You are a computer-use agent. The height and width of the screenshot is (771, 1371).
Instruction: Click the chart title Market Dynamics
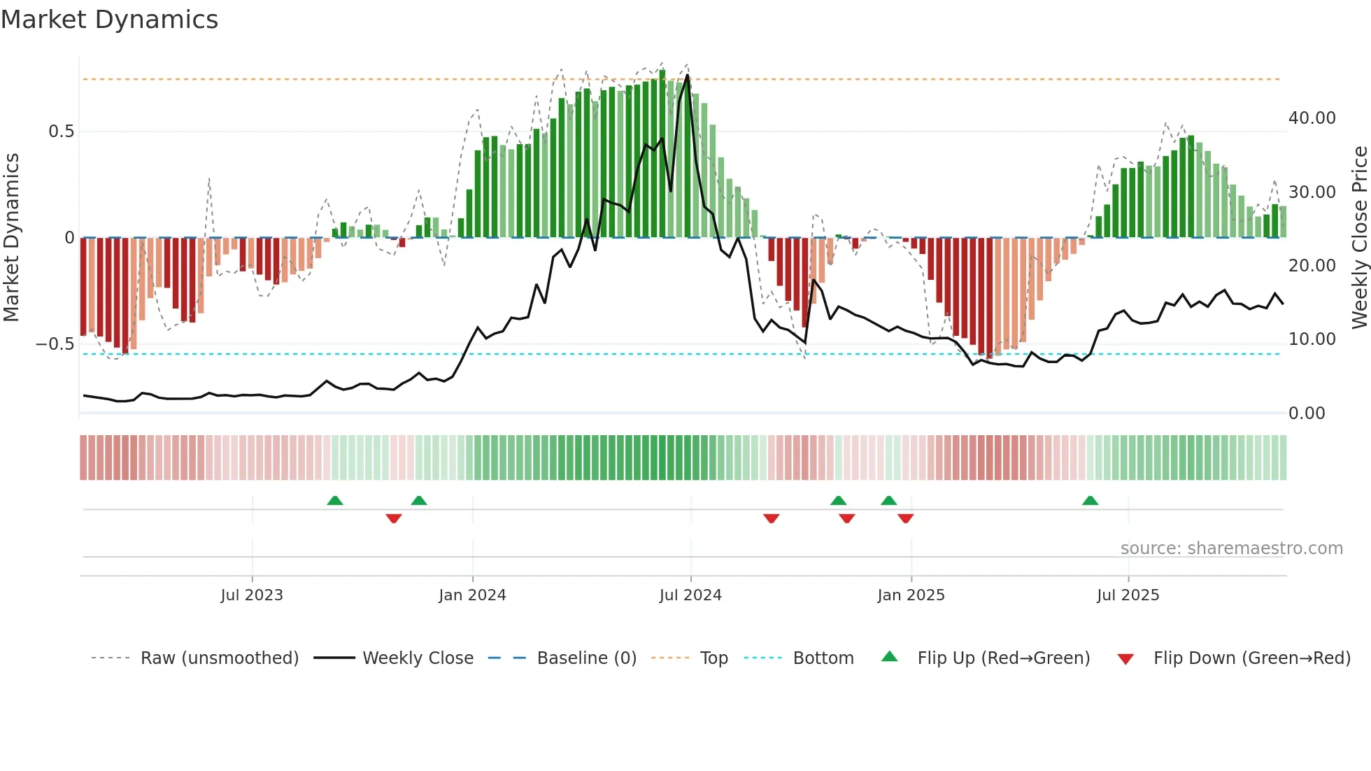[110, 20]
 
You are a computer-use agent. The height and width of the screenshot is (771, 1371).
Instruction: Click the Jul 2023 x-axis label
[252, 595]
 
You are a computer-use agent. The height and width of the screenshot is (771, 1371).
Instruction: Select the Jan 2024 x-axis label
[472, 595]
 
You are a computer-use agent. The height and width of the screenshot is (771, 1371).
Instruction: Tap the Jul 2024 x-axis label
[690, 595]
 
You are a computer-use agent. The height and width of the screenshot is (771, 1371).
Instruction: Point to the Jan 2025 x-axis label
[911, 595]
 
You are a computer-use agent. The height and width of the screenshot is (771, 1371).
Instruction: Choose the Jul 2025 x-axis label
[1128, 595]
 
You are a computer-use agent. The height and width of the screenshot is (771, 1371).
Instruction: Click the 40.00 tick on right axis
[1312, 118]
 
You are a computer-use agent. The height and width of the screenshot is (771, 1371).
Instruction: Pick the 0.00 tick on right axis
[1307, 413]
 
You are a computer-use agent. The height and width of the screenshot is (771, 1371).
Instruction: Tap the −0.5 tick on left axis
[55, 344]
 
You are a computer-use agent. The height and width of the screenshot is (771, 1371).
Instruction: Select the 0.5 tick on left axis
[61, 132]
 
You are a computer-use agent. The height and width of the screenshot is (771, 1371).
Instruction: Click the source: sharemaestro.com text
[1231, 549]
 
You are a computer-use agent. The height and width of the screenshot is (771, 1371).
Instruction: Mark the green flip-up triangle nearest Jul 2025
[1090, 500]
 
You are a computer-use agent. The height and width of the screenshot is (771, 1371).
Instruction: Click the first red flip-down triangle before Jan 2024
[394, 518]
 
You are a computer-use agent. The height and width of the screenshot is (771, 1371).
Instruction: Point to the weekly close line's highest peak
[688, 76]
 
